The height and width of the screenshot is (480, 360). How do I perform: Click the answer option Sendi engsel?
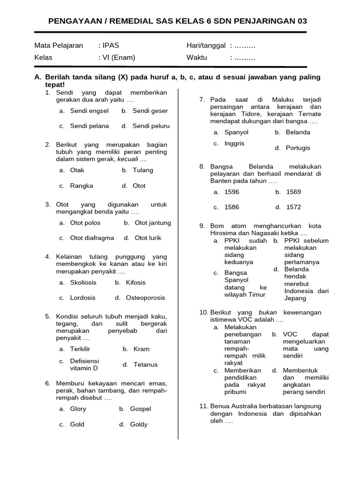click(89, 111)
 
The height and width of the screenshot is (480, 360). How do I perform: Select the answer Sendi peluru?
click(151, 126)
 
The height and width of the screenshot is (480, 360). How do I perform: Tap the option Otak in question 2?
click(77, 170)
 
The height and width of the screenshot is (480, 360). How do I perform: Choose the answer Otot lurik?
click(148, 238)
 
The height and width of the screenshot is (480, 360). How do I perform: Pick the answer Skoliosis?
click(83, 283)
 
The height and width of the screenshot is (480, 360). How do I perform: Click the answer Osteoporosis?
click(145, 298)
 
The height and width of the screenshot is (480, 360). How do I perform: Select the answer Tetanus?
click(145, 365)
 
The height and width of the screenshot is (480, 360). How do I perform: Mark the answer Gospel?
click(140, 409)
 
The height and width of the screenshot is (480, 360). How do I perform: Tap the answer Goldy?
click(138, 424)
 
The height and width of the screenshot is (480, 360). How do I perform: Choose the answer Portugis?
click(298, 148)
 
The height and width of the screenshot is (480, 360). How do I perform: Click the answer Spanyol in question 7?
click(237, 132)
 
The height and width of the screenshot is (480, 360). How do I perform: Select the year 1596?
click(232, 192)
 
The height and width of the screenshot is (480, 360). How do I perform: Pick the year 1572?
click(293, 207)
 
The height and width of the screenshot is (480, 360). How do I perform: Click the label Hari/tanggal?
click(206, 45)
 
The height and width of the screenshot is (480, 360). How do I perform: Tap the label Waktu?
click(197, 58)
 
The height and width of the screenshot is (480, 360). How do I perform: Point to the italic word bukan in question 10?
click(268, 312)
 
